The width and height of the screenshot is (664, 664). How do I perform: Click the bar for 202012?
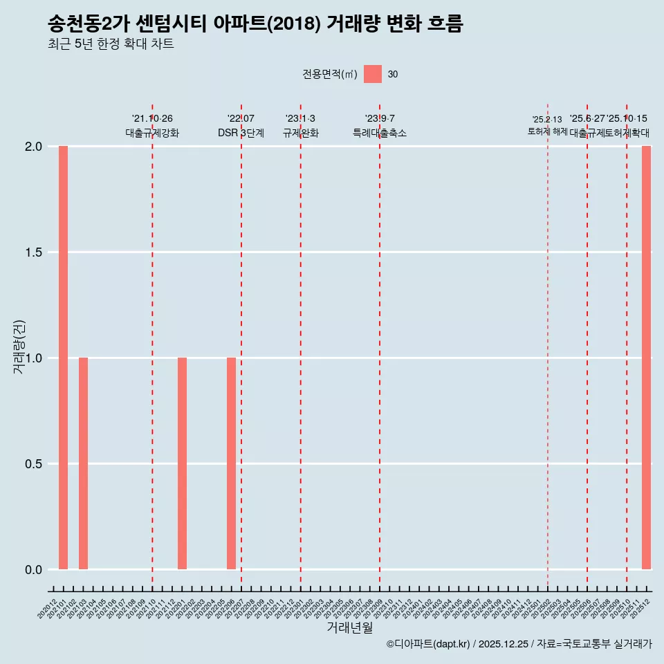pyautogui.click(x=63, y=358)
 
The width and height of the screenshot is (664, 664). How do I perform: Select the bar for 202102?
pyautogui.click(x=83, y=463)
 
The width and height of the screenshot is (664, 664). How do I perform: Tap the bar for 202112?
pyautogui.click(x=182, y=463)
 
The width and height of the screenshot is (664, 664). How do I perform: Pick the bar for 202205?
pyautogui.click(x=231, y=463)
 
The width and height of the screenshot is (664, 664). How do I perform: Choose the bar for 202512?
pyautogui.click(x=646, y=358)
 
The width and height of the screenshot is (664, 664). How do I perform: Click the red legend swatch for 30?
pyautogui.click(x=373, y=74)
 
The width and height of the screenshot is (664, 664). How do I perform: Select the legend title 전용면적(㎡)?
pyautogui.click(x=330, y=75)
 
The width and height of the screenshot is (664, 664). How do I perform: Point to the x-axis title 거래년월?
pyautogui.click(x=349, y=628)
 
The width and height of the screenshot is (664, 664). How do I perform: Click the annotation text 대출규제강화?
pyautogui.click(x=152, y=133)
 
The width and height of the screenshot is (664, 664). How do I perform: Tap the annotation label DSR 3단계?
pyautogui.click(x=241, y=133)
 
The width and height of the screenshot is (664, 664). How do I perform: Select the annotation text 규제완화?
pyautogui.click(x=300, y=133)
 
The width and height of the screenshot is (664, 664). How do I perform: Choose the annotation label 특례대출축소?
pyautogui.click(x=379, y=133)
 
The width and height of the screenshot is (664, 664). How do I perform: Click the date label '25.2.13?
pyautogui.click(x=547, y=120)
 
